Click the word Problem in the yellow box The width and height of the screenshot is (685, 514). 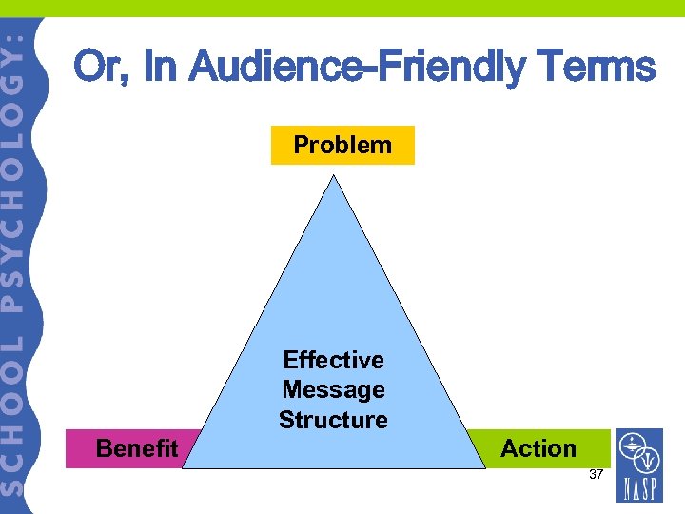tap(342, 145)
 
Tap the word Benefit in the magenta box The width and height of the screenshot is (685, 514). tap(137, 448)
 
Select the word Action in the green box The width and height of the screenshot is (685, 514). tap(538, 448)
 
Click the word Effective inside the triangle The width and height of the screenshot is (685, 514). tap(333, 360)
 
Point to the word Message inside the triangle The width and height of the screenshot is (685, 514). tap(333, 389)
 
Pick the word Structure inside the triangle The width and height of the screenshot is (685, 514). tap(333, 420)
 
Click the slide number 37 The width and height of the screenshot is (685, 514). tap(597, 474)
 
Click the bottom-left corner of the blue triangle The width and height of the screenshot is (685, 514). tap(184, 468)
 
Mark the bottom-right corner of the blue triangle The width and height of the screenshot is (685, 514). tap(485, 468)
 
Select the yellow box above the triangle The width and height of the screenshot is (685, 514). tap(342, 145)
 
